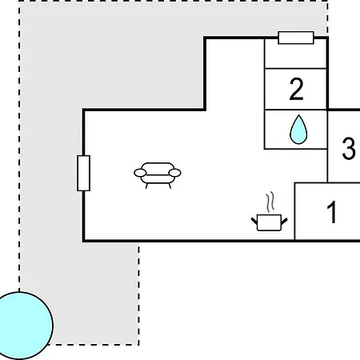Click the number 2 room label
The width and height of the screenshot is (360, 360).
tap(296, 89)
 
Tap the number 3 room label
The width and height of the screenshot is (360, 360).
tap(349, 148)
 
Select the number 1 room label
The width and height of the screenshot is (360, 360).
tap(332, 212)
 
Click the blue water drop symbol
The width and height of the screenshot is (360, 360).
tap(298, 130)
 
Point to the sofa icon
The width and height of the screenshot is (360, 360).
tap(158, 175)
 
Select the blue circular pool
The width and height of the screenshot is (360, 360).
tap(20, 326)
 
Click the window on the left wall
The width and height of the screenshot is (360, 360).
tap(83, 173)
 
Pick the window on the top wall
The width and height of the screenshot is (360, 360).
tap(296, 38)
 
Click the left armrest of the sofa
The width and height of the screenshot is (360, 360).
tap(140, 173)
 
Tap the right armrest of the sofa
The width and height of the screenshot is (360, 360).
tap(175, 173)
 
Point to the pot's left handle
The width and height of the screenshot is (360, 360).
tap(254, 221)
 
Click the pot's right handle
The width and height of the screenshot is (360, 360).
tap(284, 221)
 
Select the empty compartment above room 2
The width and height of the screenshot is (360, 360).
tap(295, 54)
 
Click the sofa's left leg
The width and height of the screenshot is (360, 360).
tap(146, 186)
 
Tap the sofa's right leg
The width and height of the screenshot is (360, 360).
tap(170, 186)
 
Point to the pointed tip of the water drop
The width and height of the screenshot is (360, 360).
tap(299, 115)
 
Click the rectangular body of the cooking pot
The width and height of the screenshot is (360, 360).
tap(270, 222)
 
